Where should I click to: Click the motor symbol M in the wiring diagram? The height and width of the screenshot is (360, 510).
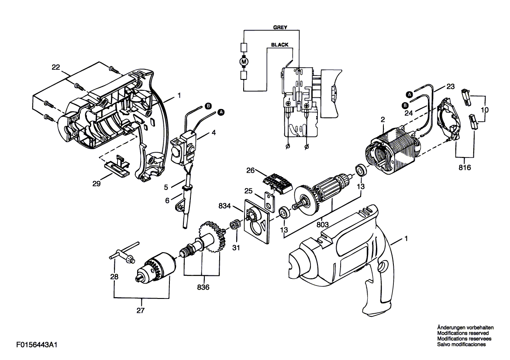coord(244,61)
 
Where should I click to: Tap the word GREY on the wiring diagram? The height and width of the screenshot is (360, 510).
coord(280,27)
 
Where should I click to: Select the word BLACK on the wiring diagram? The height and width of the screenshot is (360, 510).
coord(280,45)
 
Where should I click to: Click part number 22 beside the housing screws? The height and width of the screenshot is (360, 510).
coord(56,67)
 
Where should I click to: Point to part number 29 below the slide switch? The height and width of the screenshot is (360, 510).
coord(96,184)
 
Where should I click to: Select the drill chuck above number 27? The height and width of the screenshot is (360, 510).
coord(155,267)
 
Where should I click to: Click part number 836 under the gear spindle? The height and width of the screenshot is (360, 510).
coord(203,287)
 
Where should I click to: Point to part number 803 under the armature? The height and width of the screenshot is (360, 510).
coord(322,224)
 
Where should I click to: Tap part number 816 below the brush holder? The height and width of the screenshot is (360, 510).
coord(465,168)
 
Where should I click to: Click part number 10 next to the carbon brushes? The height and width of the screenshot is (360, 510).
coord(485,110)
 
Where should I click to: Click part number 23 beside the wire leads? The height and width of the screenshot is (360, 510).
coord(451,86)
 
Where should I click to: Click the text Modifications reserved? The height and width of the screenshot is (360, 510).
coord(463,333)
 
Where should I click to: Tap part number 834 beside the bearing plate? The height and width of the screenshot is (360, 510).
coord(225,206)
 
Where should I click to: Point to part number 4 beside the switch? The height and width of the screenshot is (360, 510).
coord(214,133)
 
